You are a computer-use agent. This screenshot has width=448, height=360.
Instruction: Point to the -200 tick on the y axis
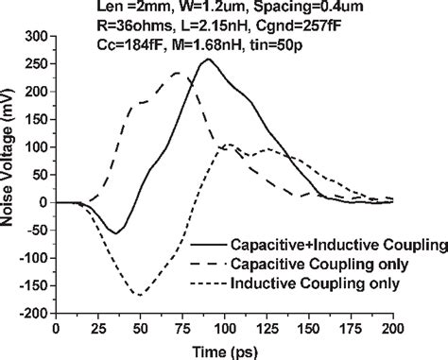(x=34, y=313)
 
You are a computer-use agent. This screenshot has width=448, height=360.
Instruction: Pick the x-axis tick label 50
(x=141, y=327)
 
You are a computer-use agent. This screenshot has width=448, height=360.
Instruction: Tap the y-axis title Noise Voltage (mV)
(x=9, y=175)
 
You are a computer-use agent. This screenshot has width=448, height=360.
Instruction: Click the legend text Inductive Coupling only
(x=321, y=283)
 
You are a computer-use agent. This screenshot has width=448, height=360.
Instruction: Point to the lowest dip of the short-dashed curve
(x=141, y=295)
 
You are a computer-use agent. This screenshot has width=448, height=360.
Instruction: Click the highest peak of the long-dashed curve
(x=176, y=73)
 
